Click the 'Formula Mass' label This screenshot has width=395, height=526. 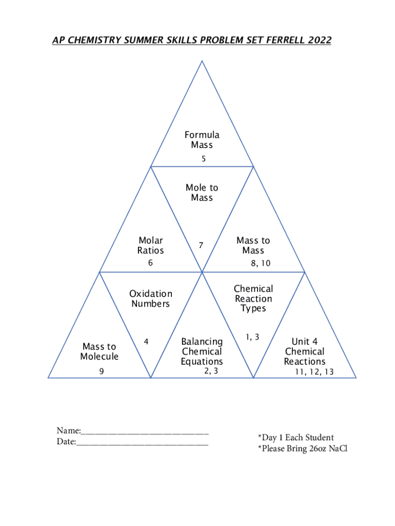pyautogui.click(x=202, y=140)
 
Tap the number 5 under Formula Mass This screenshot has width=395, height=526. pyautogui.click(x=204, y=159)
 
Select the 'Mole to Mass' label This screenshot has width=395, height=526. pyautogui.click(x=202, y=193)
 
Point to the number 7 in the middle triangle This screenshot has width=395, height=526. pyautogui.click(x=202, y=246)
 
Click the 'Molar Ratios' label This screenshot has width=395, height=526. pyautogui.click(x=150, y=246)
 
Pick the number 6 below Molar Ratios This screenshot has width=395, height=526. pyautogui.click(x=150, y=263)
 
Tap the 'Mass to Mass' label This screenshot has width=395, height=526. pyautogui.click(x=253, y=246)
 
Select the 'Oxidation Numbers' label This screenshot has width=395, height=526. pyautogui.click(x=150, y=298)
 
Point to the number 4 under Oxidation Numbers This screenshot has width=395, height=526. pyautogui.click(x=147, y=341)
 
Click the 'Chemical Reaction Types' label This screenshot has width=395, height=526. pyautogui.click(x=253, y=298)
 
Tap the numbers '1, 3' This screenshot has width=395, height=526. pyautogui.click(x=252, y=337)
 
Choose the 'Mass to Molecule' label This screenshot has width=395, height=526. pyautogui.click(x=99, y=351)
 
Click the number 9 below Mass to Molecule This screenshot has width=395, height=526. pyautogui.click(x=102, y=371)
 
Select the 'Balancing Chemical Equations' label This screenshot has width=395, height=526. pyautogui.click(x=202, y=351)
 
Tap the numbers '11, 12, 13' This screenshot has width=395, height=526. pyautogui.click(x=314, y=372)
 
